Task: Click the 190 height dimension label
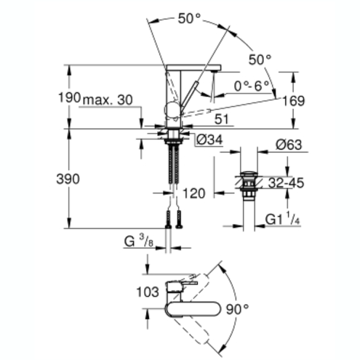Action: tap(69, 97)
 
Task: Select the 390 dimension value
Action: tap(68, 179)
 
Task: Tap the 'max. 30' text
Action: tap(108, 100)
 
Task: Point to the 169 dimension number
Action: tap(294, 101)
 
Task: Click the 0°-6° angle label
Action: tap(252, 86)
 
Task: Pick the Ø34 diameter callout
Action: tap(209, 140)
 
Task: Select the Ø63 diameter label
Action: tap(289, 145)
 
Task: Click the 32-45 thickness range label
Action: tap(286, 183)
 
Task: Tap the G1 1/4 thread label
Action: tap(283, 219)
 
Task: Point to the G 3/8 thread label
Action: tap(139, 241)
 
